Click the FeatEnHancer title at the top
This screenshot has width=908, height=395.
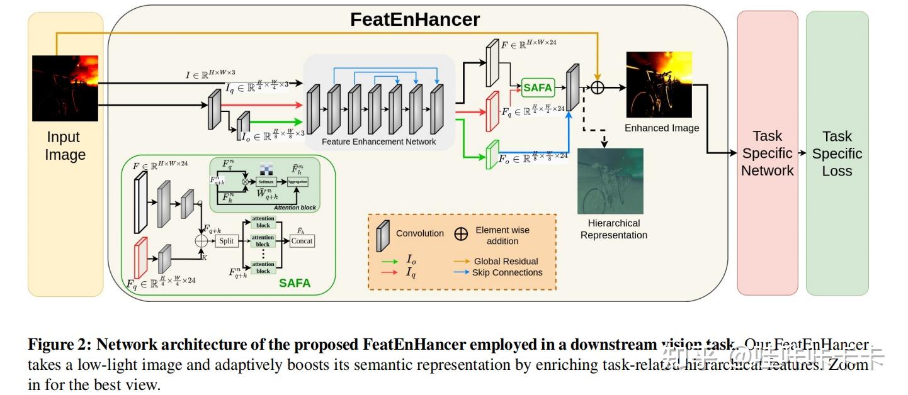click(x=415, y=19)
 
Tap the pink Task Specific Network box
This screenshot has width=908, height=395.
click(x=767, y=153)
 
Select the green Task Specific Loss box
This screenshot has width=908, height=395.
click(x=837, y=153)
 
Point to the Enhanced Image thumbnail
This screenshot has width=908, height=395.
click(x=659, y=84)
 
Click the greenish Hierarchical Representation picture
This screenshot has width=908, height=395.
click(x=610, y=181)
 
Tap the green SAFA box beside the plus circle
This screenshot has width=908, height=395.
click(x=538, y=88)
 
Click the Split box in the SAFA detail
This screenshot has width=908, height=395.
click(x=226, y=241)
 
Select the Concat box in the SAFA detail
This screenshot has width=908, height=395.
click(x=302, y=241)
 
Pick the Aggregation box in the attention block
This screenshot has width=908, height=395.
click(x=297, y=182)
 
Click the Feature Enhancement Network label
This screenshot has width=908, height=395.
click(x=378, y=142)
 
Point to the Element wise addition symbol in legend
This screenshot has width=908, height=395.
click(x=461, y=234)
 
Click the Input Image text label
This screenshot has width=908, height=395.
click(x=65, y=146)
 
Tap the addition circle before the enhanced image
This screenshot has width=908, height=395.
click(x=597, y=87)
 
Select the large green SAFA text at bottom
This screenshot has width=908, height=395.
click(x=295, y=283)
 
